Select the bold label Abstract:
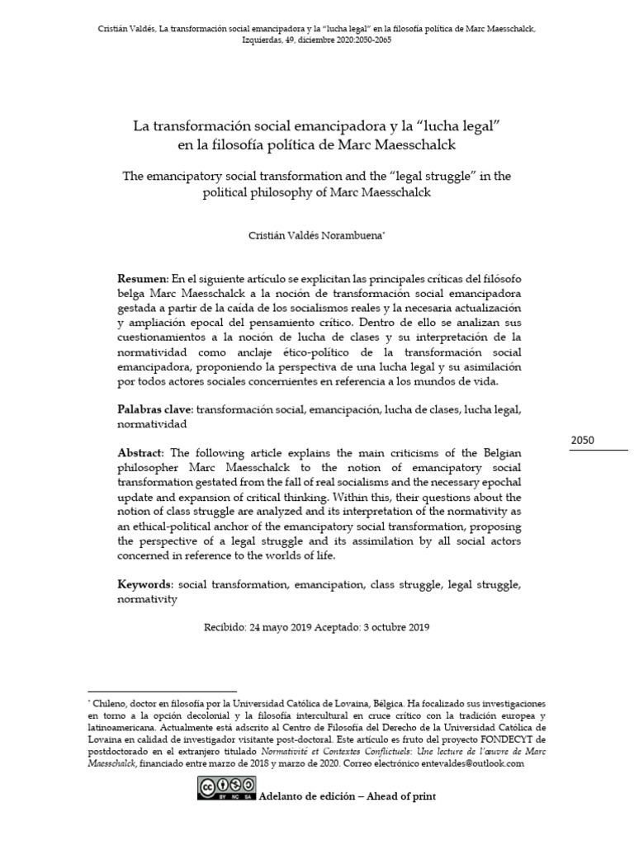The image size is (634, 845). pyautogui.click(x=142, y=453)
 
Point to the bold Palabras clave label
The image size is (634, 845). pyautogui.click(x=155, y=409)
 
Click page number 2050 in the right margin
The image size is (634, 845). pyautogui.click(x=584, y=440)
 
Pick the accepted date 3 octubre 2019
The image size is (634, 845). pyautogui.click(x=395, y=626)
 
